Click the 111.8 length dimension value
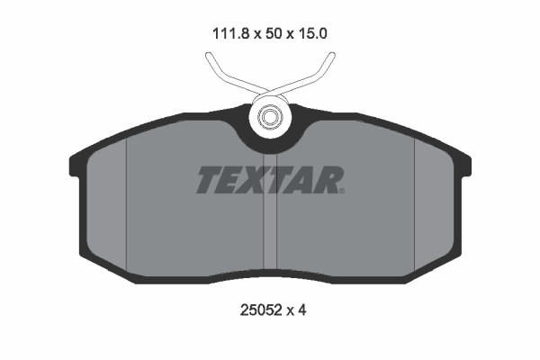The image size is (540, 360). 230,34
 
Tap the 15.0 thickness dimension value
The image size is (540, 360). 312,34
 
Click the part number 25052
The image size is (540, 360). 261,310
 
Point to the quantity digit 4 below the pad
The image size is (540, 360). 301,310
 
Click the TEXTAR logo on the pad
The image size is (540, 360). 270,180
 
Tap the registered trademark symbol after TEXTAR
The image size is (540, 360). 341,191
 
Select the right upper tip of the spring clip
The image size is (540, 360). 331,55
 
